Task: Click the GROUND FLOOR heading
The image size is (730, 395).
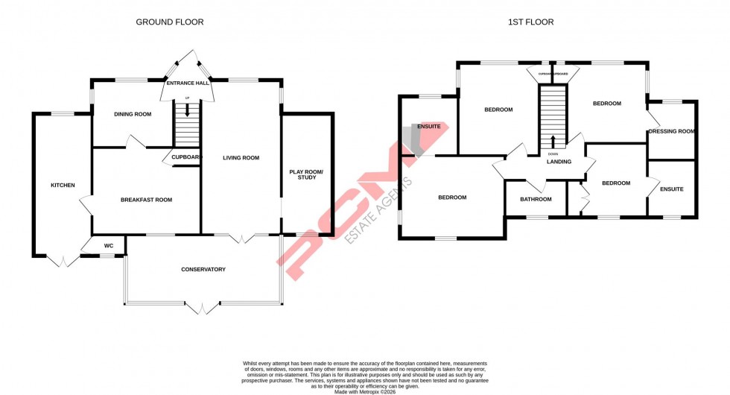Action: pos(169,22)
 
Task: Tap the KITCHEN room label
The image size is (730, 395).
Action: pos(63,185)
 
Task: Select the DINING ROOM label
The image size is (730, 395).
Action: pos(133,114)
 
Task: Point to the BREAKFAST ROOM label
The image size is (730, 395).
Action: pos(146,199)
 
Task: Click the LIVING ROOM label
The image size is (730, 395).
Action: pos(241,157)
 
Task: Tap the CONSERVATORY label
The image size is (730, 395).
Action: pos(203,269)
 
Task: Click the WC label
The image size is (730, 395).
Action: pos(108,245)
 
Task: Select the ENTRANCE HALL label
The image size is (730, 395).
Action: pos(187,83)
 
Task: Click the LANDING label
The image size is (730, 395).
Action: pos(559,162)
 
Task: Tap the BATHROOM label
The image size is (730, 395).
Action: pos(536,199)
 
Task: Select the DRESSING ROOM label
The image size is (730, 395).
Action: pos(672,131)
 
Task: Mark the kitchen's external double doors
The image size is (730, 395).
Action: pos(63,261)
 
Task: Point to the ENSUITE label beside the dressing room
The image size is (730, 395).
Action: pos(671,189)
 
